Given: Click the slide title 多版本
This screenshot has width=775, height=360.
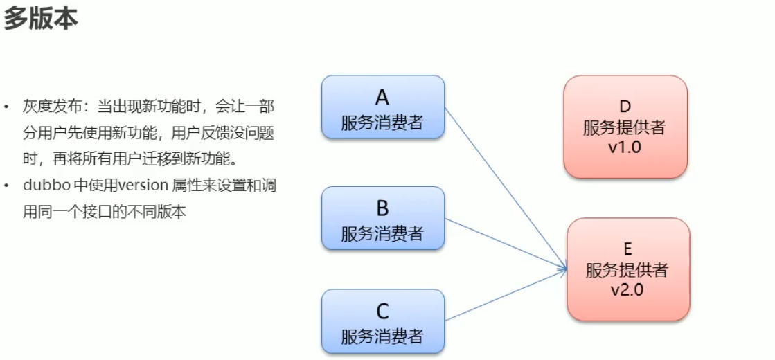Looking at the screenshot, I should click(41, 19).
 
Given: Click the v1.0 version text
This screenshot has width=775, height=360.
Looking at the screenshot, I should click(625, 147).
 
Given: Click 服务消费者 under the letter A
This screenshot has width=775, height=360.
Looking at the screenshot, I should click(382, 122).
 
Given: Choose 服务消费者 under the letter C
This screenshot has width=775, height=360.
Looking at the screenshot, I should click(382, 336).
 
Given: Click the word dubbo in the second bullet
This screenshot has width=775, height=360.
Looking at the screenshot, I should click(44, 186).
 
